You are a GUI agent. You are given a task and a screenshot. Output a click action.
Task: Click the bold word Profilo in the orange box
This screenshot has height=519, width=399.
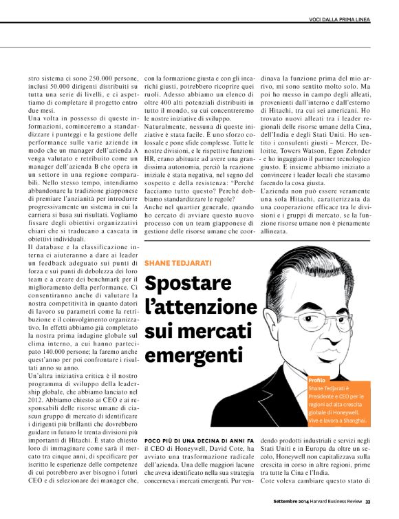(317, 380)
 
